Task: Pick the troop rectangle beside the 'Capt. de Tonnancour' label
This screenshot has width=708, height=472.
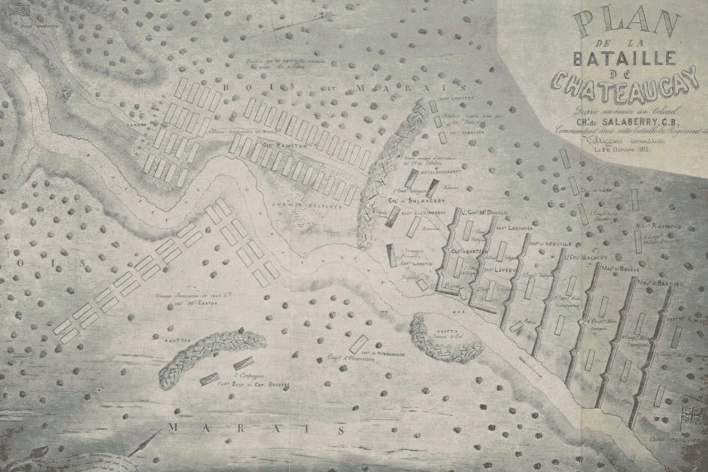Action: tap(361, 342)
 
